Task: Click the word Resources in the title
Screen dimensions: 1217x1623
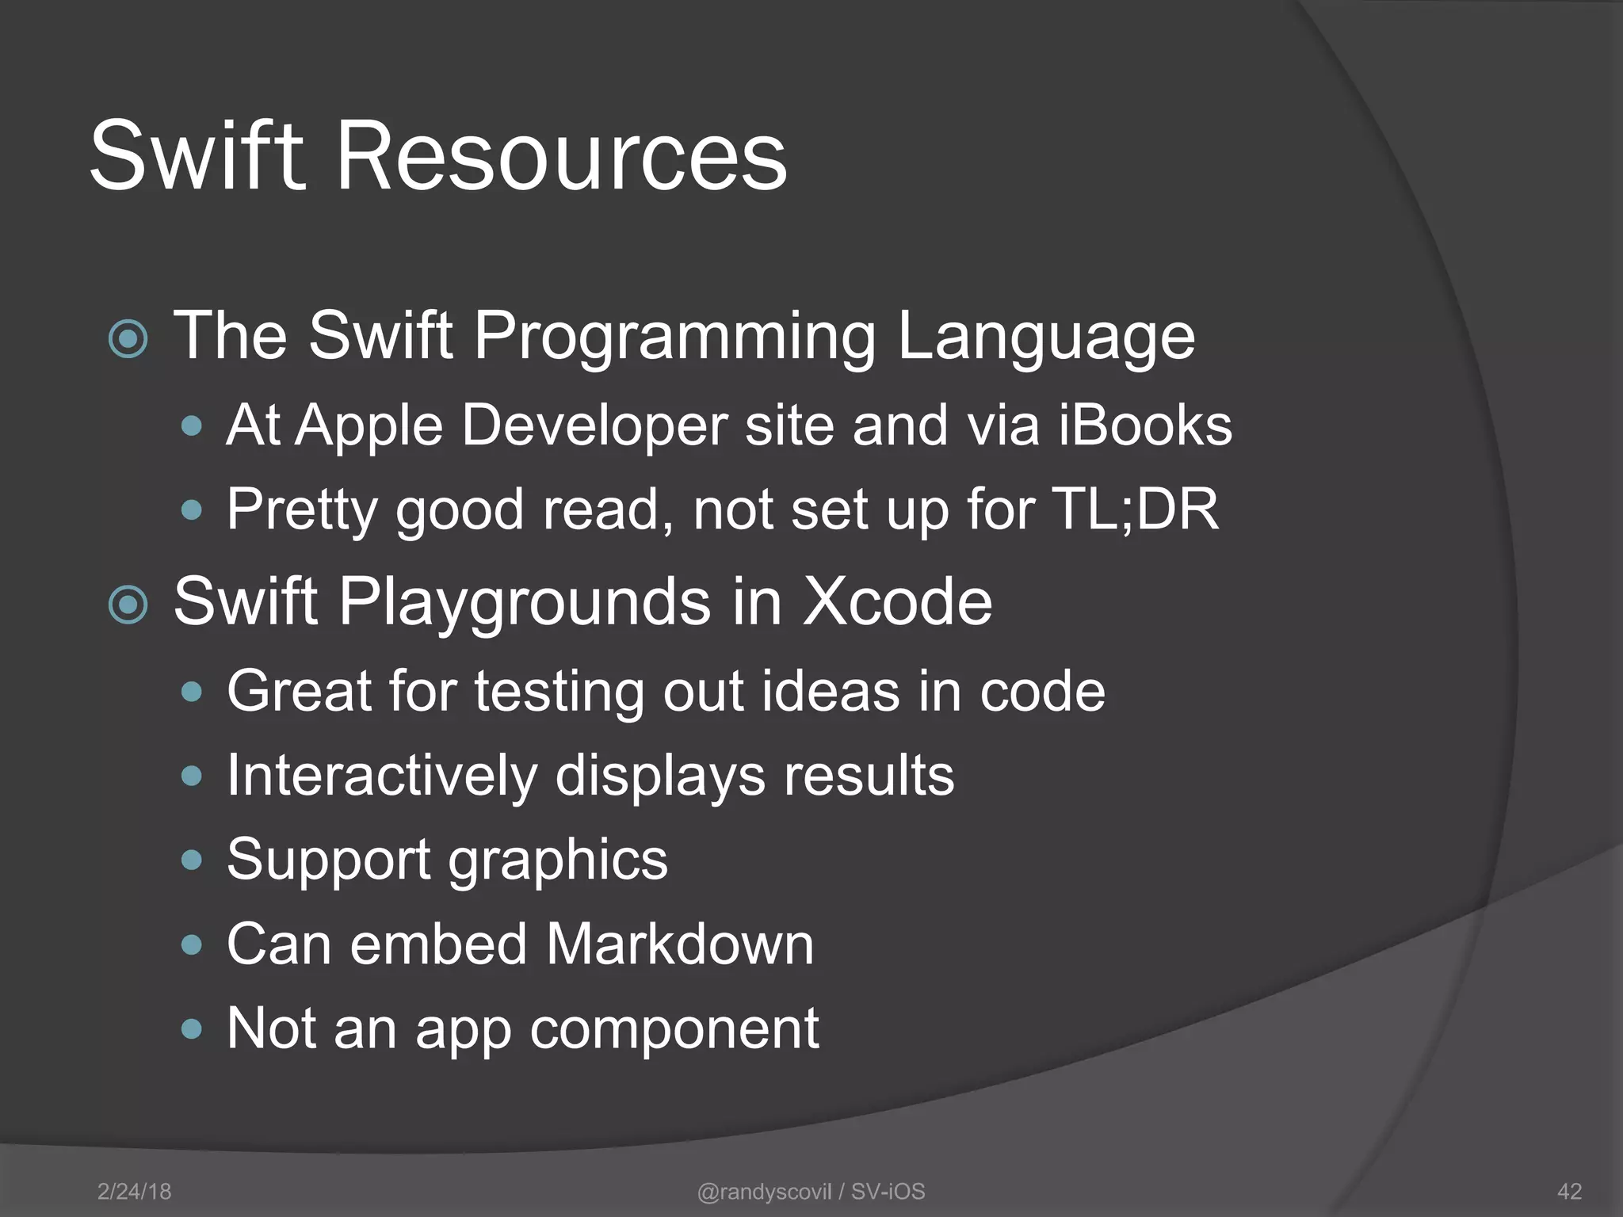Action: pyautogui.click(x=562, y=155)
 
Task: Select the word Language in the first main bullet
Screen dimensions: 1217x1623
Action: pyautogui.click(x=1045, y=337)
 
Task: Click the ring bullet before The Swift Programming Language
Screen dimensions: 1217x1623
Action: pyautogui.click(x=128, y=339)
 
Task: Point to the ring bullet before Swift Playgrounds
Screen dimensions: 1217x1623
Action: pyautogui.click(x=128, y=605)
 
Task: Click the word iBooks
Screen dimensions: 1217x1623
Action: pyautogui.click(x=1145, y=425)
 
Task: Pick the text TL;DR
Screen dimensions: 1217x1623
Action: pyautogui.click(x=1134, y=509)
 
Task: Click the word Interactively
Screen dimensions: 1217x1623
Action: pyautogui.click(x=381, y=776)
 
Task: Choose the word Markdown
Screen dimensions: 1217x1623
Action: pyautogui.click(x=679, y=944)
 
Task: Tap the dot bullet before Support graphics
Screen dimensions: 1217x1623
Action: pyautogui.click(x=191, y=860)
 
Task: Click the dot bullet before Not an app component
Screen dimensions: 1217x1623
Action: pyautogui.click(x=191, y=1029)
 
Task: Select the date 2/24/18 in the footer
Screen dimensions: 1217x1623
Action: pyautogui.click(x=134, y=1192)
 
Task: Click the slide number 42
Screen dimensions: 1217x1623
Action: pyautogui.click(x=1569, y=1192)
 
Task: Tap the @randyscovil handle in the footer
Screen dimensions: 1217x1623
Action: pyautogui.click(x=764, y=1192)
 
